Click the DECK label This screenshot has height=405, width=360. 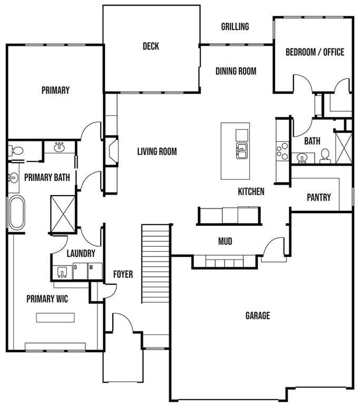(x=151, y=46)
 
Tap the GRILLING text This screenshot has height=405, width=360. (x=235, y=26)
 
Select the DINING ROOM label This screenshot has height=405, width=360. (x=236, y=71)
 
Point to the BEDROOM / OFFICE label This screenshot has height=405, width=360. (x=315, y=52)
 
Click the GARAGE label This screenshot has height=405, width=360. (x=258, y=315)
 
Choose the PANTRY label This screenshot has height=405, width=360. (x=319, y=197)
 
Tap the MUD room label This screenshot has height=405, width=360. (x=225, y=241)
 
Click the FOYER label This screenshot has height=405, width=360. (x=123, y=274)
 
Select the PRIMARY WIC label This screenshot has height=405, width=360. (x=47, y=299)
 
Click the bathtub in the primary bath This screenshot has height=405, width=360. (x=17, y=213)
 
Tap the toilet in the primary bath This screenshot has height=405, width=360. (x=15, y=150)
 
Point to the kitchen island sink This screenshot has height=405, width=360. (x=242, y=151)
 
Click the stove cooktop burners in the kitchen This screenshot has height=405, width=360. (x=283, y=151)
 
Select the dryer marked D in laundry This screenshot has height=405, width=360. (x=80, y=271)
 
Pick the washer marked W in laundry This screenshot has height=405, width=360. (x=95, y=271)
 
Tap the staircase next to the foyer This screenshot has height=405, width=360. (x=155, y=264)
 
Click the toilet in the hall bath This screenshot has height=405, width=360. (x=325, y=156)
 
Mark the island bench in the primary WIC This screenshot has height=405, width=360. (x=55, y=317)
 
